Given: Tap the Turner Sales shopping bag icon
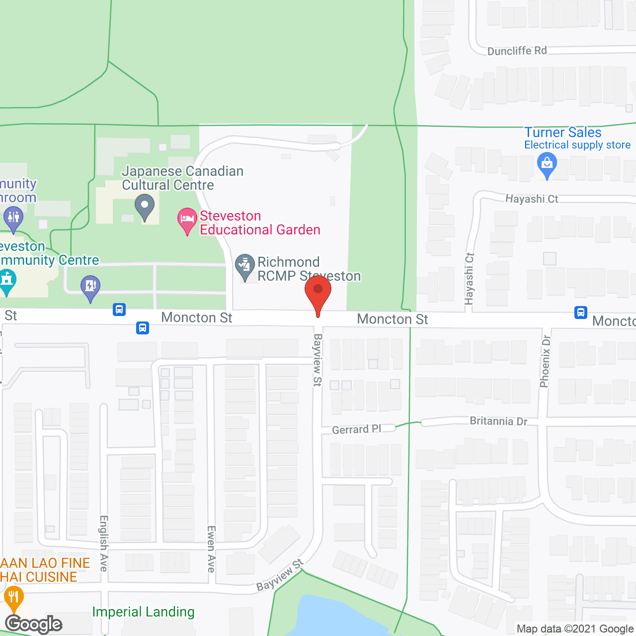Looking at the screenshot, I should [547, 164].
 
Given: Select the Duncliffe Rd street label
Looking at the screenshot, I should [517, 51].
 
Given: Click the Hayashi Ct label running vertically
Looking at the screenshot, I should [470, 278].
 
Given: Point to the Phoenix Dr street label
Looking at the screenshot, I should [546, 361].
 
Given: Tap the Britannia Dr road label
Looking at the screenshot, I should [498, 421].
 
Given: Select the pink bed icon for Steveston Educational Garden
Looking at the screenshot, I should [187, 220].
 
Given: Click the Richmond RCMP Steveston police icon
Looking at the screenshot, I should [244, 267].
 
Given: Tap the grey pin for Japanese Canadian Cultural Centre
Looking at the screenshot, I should [145, 206].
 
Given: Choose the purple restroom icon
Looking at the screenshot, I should [13, 219].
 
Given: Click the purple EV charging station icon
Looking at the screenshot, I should [90, 288].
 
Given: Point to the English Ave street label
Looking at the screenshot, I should [104, 543].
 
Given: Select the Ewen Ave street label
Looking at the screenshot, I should [211, 549].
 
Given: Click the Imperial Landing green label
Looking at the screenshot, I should [143, 612].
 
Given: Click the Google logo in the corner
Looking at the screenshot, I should [34, 624].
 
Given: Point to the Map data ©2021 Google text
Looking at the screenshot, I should [575, 629].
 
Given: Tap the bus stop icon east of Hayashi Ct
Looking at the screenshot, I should [580, 312].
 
